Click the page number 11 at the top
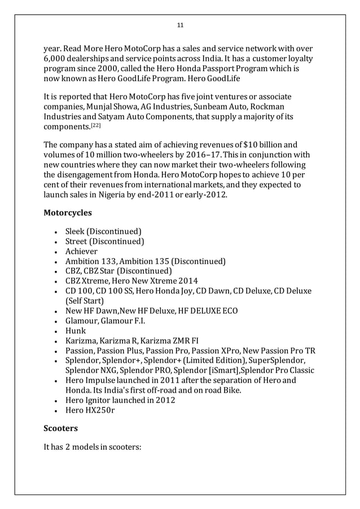[180, 25]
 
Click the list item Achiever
[82, 251]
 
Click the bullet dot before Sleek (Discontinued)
[51, 231]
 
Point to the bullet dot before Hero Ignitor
[51, 400]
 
